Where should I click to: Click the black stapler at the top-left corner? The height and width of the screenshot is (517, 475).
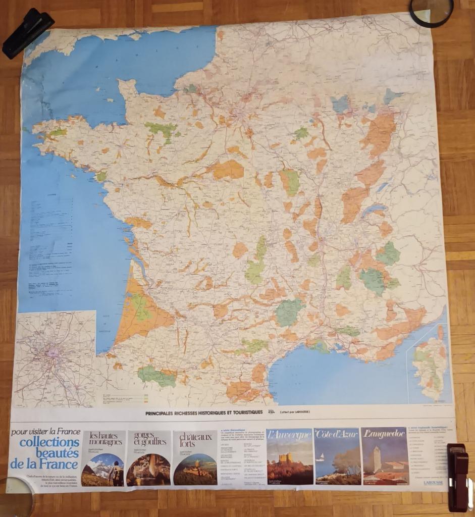[27, 32]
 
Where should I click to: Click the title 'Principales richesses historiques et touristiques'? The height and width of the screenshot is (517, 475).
[204, 412]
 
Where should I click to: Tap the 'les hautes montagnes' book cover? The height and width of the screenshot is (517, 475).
[103, 458]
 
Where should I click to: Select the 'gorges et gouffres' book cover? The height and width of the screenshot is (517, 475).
[148, 458]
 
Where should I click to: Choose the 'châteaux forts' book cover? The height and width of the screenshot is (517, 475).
[194, 457]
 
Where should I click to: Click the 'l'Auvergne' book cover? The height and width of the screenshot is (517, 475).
[289, 456]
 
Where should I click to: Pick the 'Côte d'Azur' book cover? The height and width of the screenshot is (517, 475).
[337, 456]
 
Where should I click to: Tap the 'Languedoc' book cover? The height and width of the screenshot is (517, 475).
[385, 456]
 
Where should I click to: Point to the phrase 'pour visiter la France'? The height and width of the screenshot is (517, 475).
[45, 432]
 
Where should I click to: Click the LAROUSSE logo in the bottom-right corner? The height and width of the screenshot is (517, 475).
[434, 483]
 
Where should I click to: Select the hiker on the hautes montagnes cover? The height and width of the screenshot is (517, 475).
[117, 475]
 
